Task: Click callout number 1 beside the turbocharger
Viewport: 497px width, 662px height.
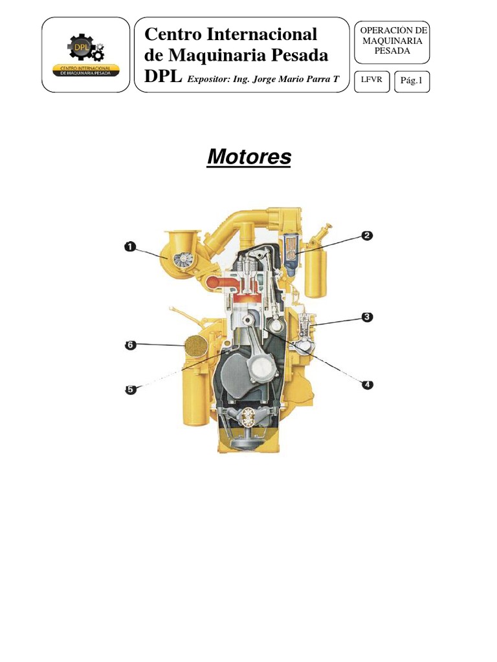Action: [x=130, y=246]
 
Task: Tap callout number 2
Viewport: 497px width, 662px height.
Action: [x=367, y=235]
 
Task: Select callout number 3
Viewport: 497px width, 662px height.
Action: [x=367, y=317]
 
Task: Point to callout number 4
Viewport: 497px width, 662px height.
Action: [x=368, y=384]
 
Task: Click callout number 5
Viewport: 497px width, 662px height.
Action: [x=131, y=389]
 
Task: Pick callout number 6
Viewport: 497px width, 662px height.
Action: [x=131, y=345]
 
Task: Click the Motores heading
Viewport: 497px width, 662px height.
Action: [x=249, y=156]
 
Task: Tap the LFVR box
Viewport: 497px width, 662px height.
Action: [x=371, y=81]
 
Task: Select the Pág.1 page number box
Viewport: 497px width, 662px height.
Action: [x=412, y=81]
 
